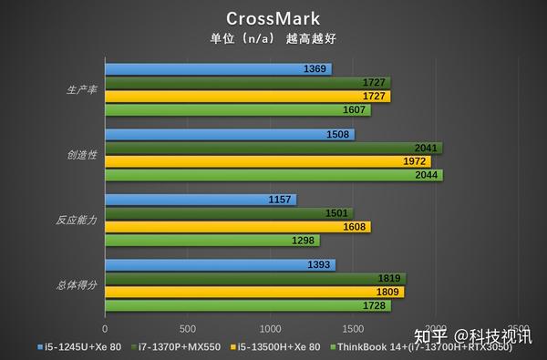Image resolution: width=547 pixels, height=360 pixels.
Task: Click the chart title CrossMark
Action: [x=273, y=19]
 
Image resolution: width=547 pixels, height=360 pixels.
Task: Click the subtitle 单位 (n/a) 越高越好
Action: [x=273, y=39]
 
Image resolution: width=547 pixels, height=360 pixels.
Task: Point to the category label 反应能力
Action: [x=77, y=220]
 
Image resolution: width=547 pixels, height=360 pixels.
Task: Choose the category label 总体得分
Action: [x=77, y=285]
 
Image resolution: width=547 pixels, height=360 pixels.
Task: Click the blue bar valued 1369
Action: [x=218, y=69]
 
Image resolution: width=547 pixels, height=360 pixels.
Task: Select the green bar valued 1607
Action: [x=237, y=109]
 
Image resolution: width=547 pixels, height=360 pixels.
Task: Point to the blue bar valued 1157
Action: [x=201, y=200]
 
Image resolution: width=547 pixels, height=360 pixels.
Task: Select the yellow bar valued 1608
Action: [x=237, y=227]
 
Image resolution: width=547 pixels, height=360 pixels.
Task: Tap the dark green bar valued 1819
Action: [x=255, y=279]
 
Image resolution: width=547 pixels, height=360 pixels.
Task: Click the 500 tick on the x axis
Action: [x=188, y=328]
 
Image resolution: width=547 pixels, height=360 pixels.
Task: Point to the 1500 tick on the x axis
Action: [x=353, y=328]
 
